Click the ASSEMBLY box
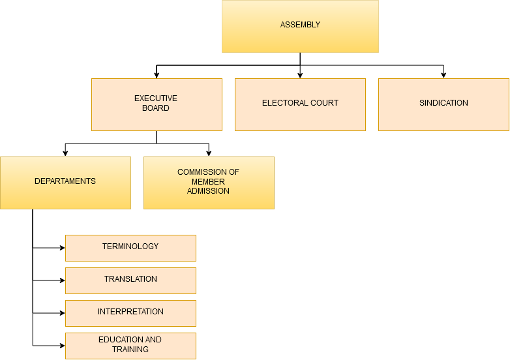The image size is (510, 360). pyautogui.click(x=300, y=26)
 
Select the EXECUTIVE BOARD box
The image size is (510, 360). pyautogui.click(x=157, y=105)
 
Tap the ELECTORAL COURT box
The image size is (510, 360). pyautogui.click(x=300, y=105)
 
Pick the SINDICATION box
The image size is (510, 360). pyautogui.click(x=443, y=105)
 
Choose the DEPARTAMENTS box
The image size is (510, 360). pyautogui.click(x=65, y=183)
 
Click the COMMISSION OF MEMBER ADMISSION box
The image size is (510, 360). pyautogui.click(x=209, y=183)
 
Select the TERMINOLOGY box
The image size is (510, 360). pyautogui.click(x=130, y=248)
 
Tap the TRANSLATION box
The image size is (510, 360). pyautogui.click(x=130, y=280)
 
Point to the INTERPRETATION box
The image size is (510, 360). pyautogui.click(x=130, y=313)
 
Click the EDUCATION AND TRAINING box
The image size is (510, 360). pyautogui.click(x=130, y=346)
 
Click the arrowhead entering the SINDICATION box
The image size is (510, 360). pyautogui.click(x=443, y=76)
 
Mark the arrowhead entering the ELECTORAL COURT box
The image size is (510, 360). pyautogui.click(x=300, y=76)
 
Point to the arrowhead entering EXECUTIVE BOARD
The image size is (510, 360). pyautogui.click(x=157, y=76)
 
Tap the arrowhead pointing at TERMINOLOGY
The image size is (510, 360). pyautogui.click(x=63, y=248)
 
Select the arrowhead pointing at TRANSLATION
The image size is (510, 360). pyautogui.click(x=63, y=280)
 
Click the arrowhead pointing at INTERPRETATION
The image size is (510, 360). pyautogui.click(x=63, y=313)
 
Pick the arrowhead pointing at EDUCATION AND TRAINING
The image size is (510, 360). pyautogui.click(x=63, y=346)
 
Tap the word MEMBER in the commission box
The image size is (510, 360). pyautogui.click(x=208, y=181)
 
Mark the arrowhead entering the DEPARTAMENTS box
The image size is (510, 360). pyautogui.click(x=65, y=154)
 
